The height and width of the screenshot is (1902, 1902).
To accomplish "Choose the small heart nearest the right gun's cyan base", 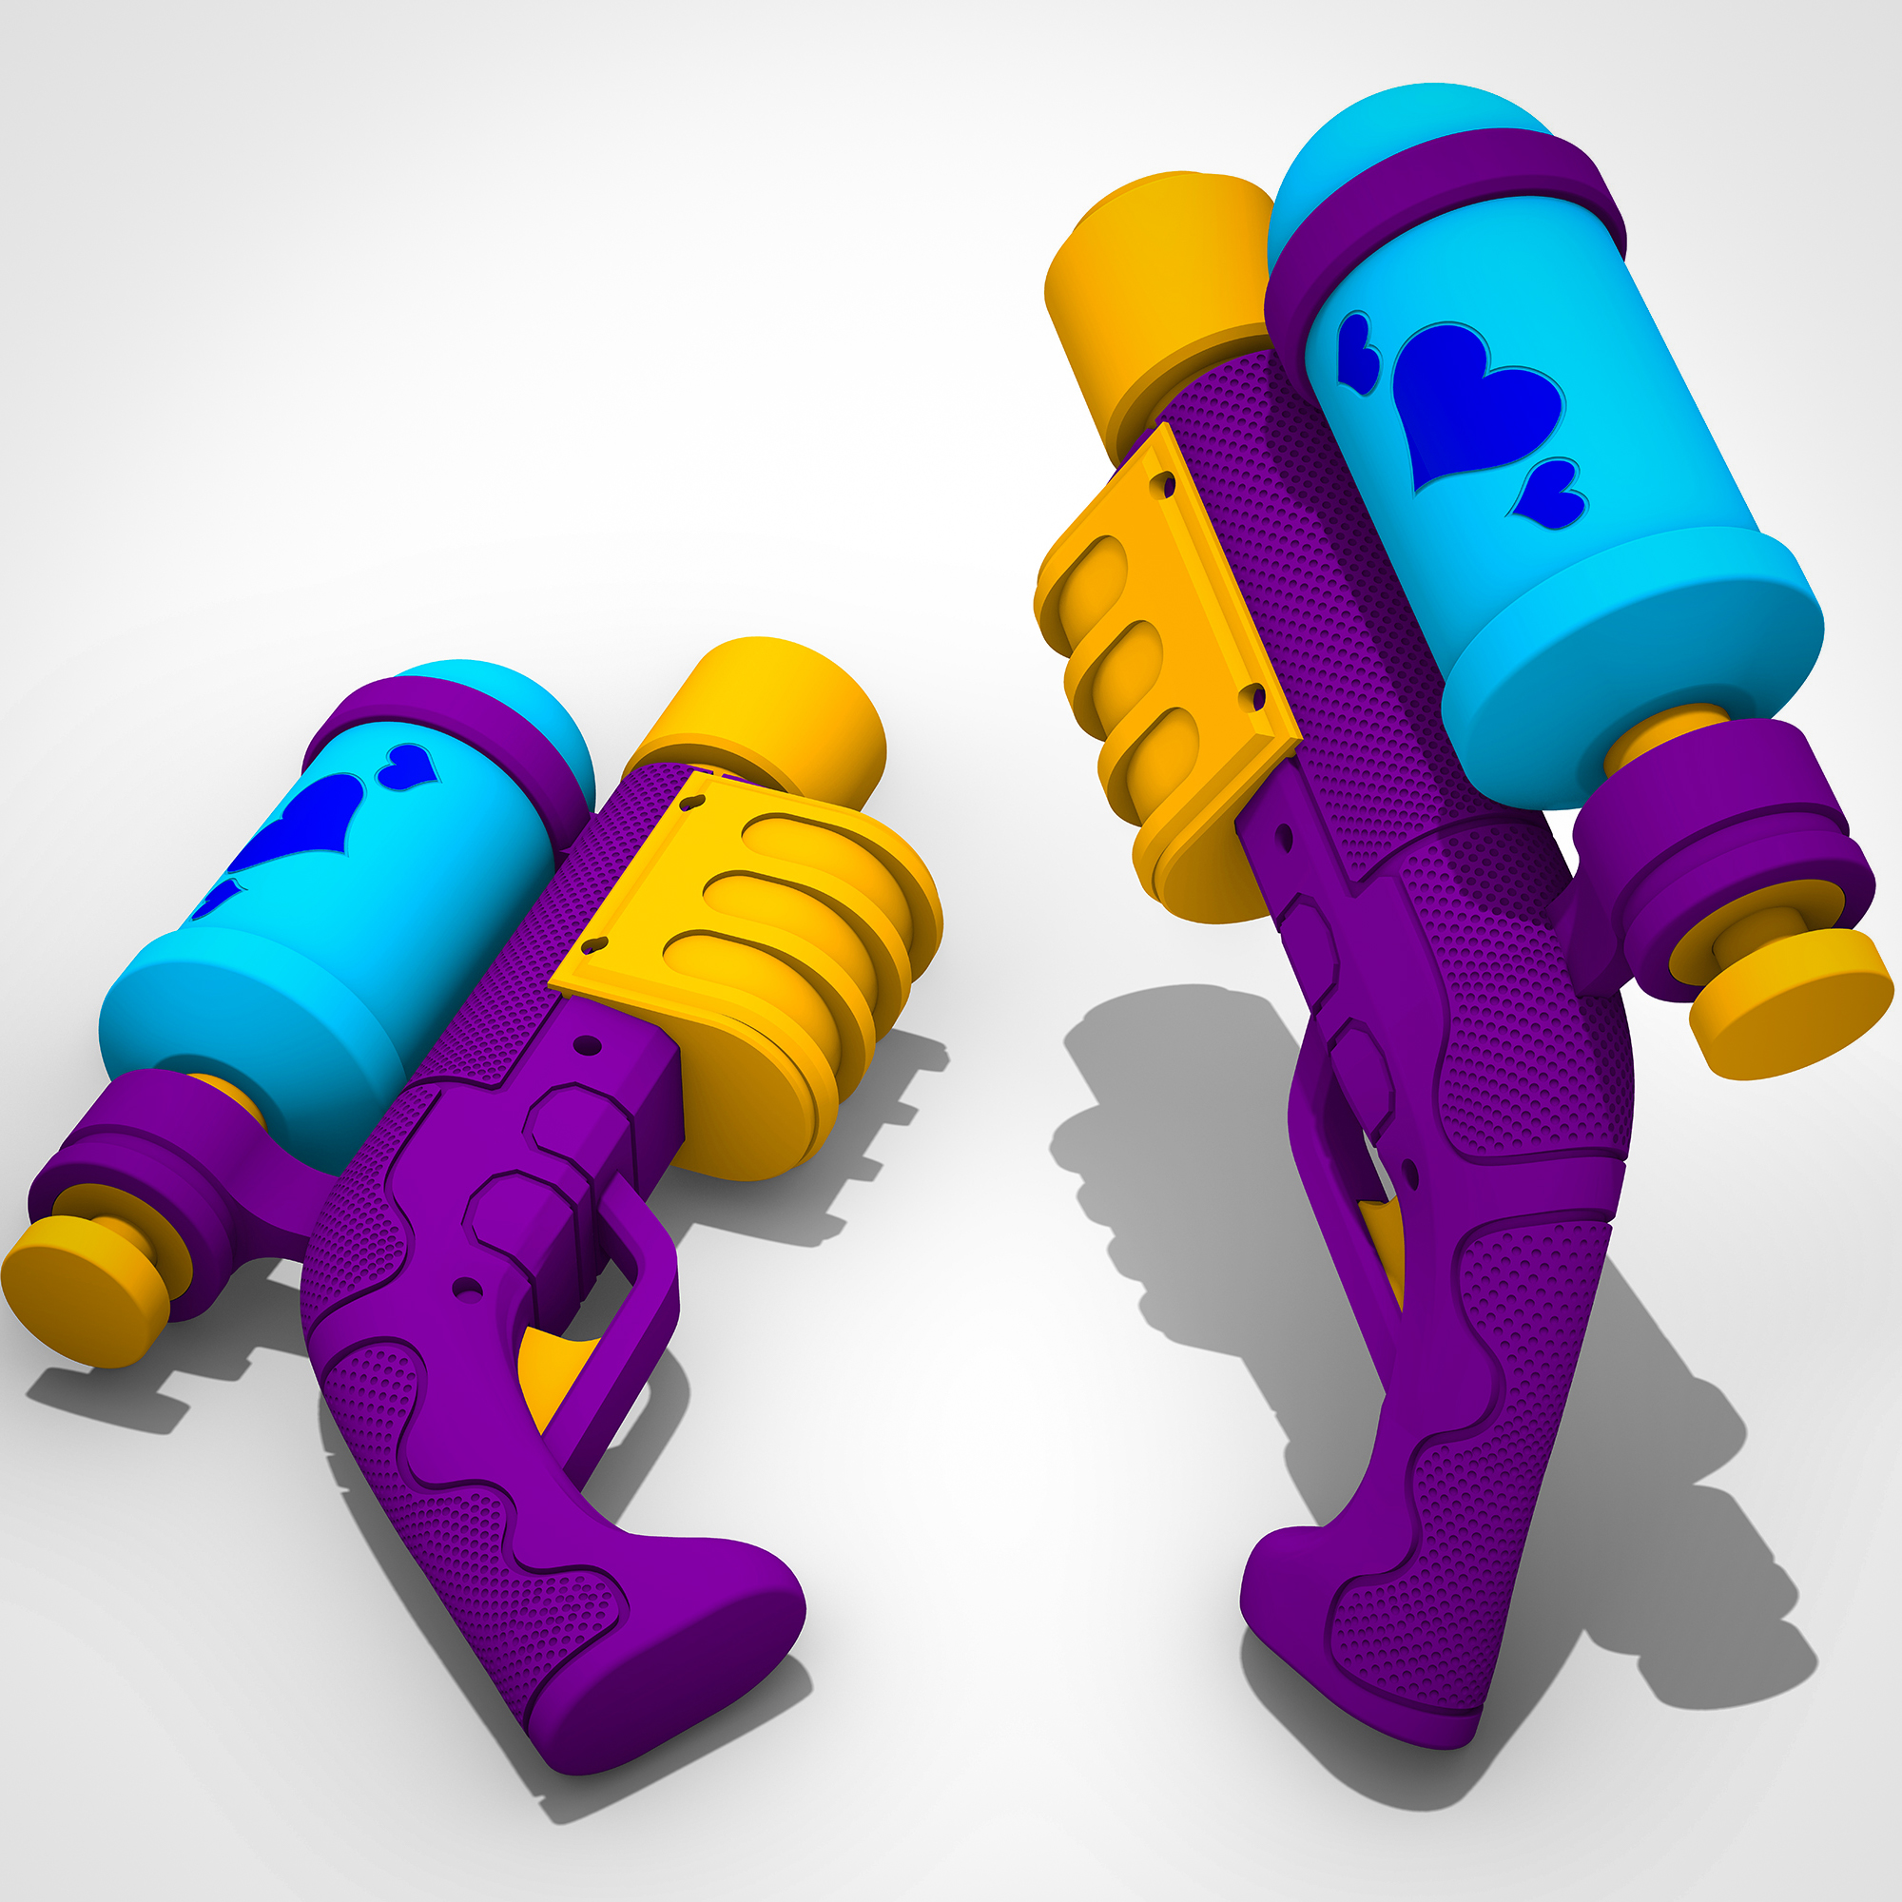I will (1548, 497).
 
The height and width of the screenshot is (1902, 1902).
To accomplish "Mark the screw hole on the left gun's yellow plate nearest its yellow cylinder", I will (694, 803).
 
